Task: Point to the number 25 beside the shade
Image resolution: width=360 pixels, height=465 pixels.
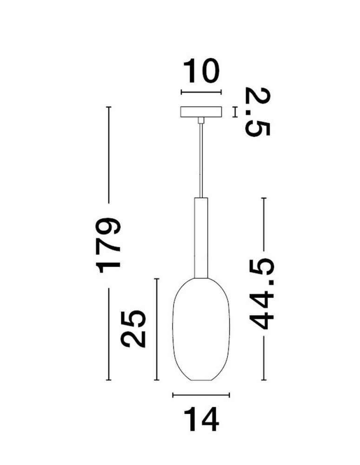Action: click(133, 329)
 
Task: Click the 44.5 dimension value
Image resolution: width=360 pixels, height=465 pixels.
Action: click(262, 295)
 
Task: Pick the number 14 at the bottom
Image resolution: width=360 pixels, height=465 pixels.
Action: click(201, 419)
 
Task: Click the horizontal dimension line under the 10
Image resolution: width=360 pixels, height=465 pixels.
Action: click(201, 92)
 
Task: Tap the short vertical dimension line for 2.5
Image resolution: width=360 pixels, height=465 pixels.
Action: click(235, 112)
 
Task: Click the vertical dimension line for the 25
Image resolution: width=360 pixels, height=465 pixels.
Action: click(157, 329)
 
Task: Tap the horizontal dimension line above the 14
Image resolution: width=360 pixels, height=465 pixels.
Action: click(201, 395)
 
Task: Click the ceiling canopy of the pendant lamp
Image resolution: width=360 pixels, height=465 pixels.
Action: click(201, 113)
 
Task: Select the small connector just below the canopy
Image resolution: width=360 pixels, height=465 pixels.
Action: click(201, 121)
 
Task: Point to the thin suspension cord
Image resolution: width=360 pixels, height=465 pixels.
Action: click(201, 158)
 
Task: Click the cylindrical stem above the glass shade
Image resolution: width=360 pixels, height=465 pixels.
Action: click(201, 237)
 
